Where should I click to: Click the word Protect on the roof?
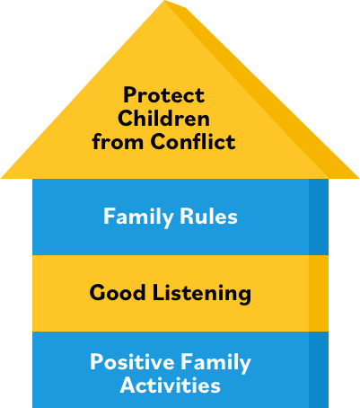[164, 95]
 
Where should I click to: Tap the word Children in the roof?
[163, 118]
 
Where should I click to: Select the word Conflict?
[193, 141]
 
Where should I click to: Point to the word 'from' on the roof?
[118, 141]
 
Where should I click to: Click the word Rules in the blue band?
[208, 216]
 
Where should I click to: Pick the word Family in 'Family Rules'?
[138, 217]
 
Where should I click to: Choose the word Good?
[118, 292]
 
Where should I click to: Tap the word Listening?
[202, 294]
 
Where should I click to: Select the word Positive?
[132, 361]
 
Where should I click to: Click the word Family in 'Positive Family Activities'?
[215, 363]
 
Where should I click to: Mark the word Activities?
[171, 385]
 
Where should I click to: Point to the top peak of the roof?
[165, 1]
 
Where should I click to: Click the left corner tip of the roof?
[1, 178]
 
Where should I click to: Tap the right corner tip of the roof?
[359, 178]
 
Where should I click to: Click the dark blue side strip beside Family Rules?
[319, 217]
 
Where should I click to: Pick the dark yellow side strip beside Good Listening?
[319, 293]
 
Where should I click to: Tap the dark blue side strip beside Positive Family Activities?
[319, 369]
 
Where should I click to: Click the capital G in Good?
[98, 292]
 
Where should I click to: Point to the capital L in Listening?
[159, 292]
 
